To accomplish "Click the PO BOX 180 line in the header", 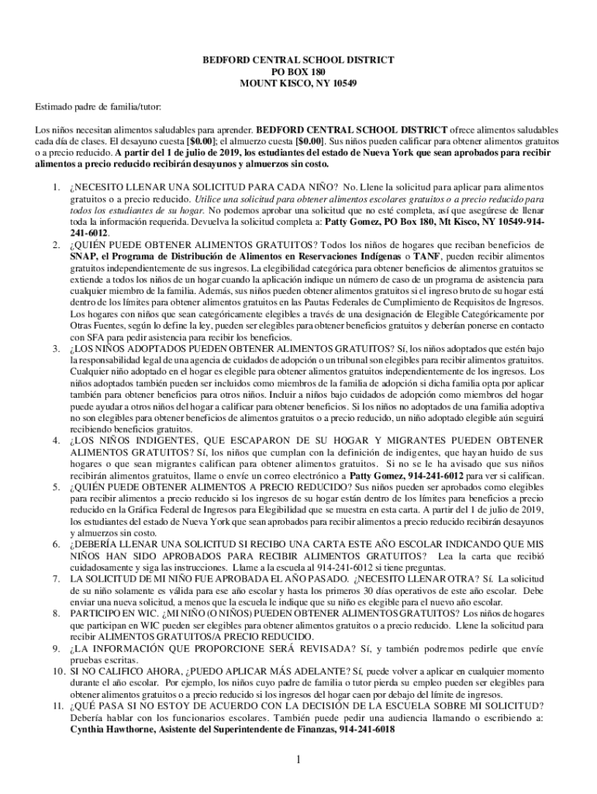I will point(298,71).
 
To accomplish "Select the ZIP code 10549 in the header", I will point(341,84).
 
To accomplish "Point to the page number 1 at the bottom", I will point(298,759).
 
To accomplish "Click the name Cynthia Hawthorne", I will point(106,730).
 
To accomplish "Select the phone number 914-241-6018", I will point(368,730).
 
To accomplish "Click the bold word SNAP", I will point(82,256).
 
